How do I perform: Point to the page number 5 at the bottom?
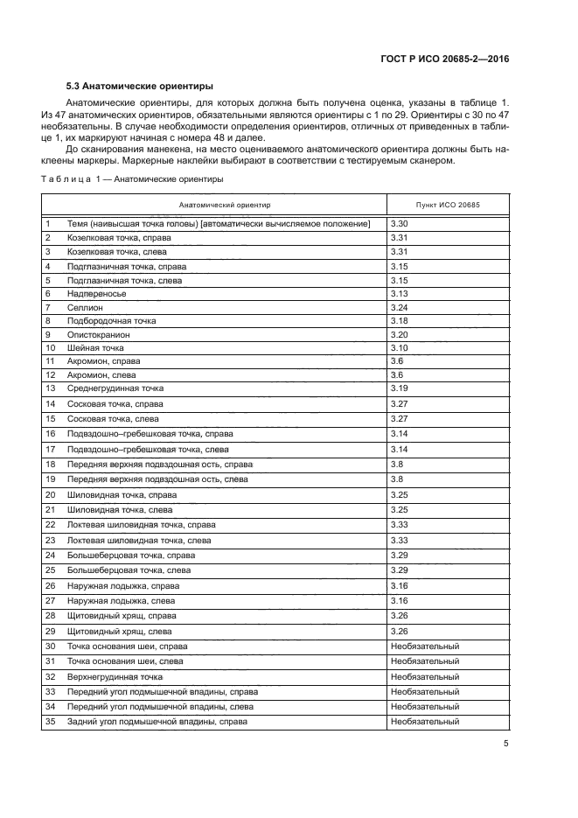(505, 744)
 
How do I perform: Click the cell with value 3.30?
(399, 224)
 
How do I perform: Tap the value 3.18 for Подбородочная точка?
(399, 321)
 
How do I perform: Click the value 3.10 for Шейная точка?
(399, 347)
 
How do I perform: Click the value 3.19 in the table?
(399, 388)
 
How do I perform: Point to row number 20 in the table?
(50, 495)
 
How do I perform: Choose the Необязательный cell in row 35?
(425, 722)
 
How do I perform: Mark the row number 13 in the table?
(50, 388)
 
